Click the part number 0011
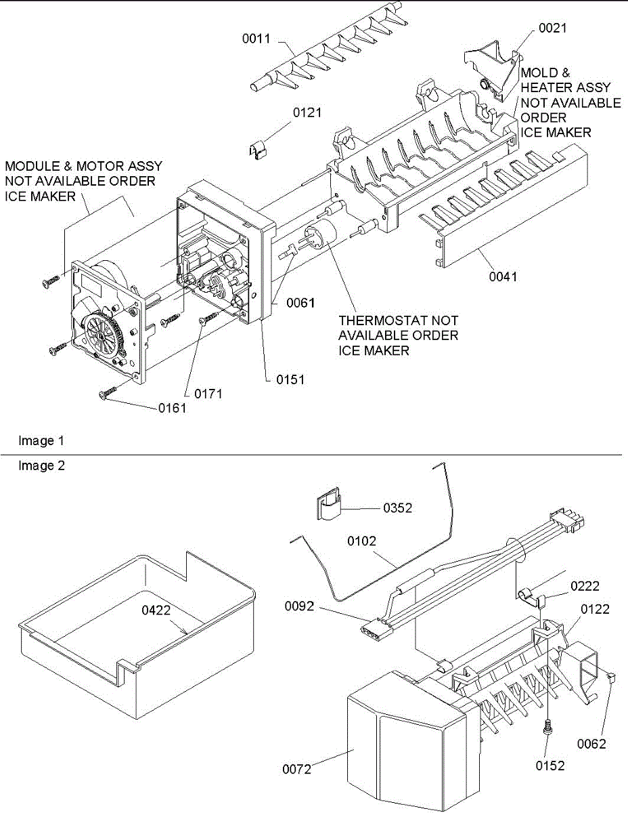pyautogui.click(x=257, y=39)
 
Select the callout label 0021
pyautogui.click(x=553, y=28)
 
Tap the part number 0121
pyautogui.click(x=307, y=113)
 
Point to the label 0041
pyautogui.click(x=503, y=276)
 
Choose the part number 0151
pyautogui.click(x=290, y=380)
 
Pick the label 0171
pyautogui.click(x=209, y=393)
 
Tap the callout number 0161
pyautogui.click(x=173, y=408)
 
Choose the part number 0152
pyautogui.click(x=549, y=766)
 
